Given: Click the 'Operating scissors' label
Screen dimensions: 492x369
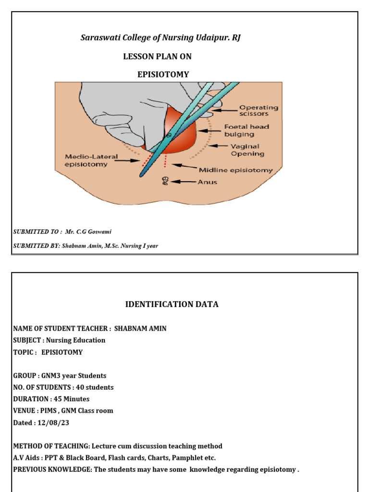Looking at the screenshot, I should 258,111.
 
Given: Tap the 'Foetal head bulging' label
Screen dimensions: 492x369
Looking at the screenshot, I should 246,130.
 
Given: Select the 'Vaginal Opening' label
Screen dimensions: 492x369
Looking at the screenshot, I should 247,150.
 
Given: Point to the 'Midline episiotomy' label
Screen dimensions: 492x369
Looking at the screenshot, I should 235,170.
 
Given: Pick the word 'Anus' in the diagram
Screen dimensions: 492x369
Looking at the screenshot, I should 208,182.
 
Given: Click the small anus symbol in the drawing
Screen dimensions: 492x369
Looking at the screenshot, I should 164,181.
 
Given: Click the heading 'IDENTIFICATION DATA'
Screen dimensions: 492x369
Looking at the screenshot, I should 172,304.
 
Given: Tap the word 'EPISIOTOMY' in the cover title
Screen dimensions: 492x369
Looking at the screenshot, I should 163,74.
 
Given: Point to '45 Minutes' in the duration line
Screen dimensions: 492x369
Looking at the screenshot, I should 71,399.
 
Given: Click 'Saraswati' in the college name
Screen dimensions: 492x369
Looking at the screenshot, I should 98,37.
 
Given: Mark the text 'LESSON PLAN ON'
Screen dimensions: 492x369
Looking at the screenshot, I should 157,56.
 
